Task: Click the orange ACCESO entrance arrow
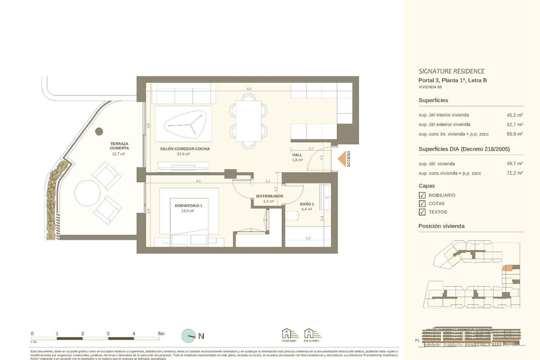[x=343, y=159]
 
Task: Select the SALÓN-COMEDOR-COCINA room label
[x=184, y=148]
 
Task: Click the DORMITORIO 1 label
[x=189, y=206]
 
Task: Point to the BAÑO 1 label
[x=307, y=204]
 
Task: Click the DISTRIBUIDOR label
[x=269, y=197]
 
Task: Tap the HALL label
[x=297, y=155]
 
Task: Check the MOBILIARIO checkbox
[x=422, y=195]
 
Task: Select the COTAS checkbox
[x=422, y=203]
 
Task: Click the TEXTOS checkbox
[x=422, y=212]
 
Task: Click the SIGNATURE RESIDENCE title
[x=451, y=71]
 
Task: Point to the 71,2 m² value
[x=514, y=172]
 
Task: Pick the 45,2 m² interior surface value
[x=514, y=115]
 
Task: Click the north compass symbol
[x=189, y=336]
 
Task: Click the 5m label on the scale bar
[x=161, y=333]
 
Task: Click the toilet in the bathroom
[x=292, y=216]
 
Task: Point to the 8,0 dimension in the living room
[x=249, y=89]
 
